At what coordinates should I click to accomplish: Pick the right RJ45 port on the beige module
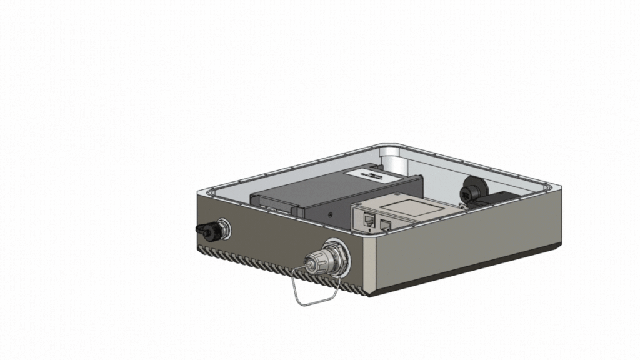pos(385,223)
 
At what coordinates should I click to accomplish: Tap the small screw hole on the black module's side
pos(331,213)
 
